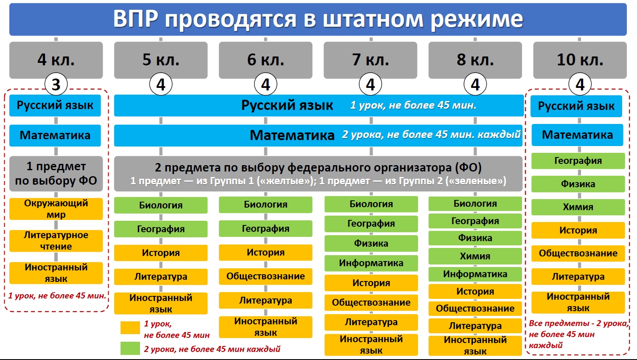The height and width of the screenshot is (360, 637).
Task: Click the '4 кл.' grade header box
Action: pos(56,60)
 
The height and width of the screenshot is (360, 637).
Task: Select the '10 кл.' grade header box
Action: pos(580,60)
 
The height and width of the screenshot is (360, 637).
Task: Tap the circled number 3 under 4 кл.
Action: pos(56,84)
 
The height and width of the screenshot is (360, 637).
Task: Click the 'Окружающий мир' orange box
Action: pos(56,209)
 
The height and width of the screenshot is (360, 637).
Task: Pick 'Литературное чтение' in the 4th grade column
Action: pos(56,241)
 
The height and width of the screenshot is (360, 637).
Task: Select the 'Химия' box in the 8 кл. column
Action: pos(475,256)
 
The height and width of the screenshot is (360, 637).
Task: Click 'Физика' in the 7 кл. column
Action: pos(371,243)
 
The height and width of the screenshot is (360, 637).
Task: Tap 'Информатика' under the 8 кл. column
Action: pos(475,274)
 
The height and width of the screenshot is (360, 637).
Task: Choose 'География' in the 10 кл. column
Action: pos(578,161)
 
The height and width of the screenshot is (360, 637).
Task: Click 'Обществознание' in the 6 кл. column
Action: pos(266,276)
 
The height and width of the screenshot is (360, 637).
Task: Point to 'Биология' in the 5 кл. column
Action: pos(161,205)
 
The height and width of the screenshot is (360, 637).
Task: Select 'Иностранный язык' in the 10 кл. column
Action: pos(578,303)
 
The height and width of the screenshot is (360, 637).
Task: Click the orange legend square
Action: pos(130,328)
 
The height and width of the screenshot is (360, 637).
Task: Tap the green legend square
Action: pos(130,349)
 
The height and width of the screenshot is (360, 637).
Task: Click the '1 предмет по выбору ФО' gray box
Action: pos(56,174)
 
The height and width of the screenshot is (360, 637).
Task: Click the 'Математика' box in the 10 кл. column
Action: pos(578,135)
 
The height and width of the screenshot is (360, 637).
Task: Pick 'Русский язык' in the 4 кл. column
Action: pos(55,106)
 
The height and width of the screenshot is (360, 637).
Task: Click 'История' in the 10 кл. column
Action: pos(578,231)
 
